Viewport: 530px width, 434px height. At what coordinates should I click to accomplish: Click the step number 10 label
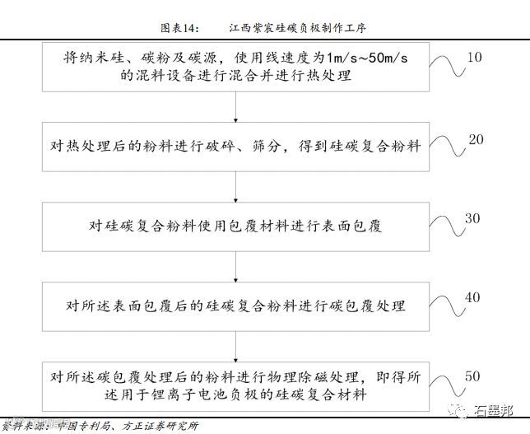coord(473,58)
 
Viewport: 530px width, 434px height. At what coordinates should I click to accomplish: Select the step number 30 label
coord(472,219)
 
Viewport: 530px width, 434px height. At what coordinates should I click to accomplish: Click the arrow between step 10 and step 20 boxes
coord(236,105)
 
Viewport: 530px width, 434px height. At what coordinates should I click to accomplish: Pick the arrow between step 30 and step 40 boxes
coord(236,264)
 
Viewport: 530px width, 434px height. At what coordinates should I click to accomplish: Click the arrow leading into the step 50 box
coord(236,343)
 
